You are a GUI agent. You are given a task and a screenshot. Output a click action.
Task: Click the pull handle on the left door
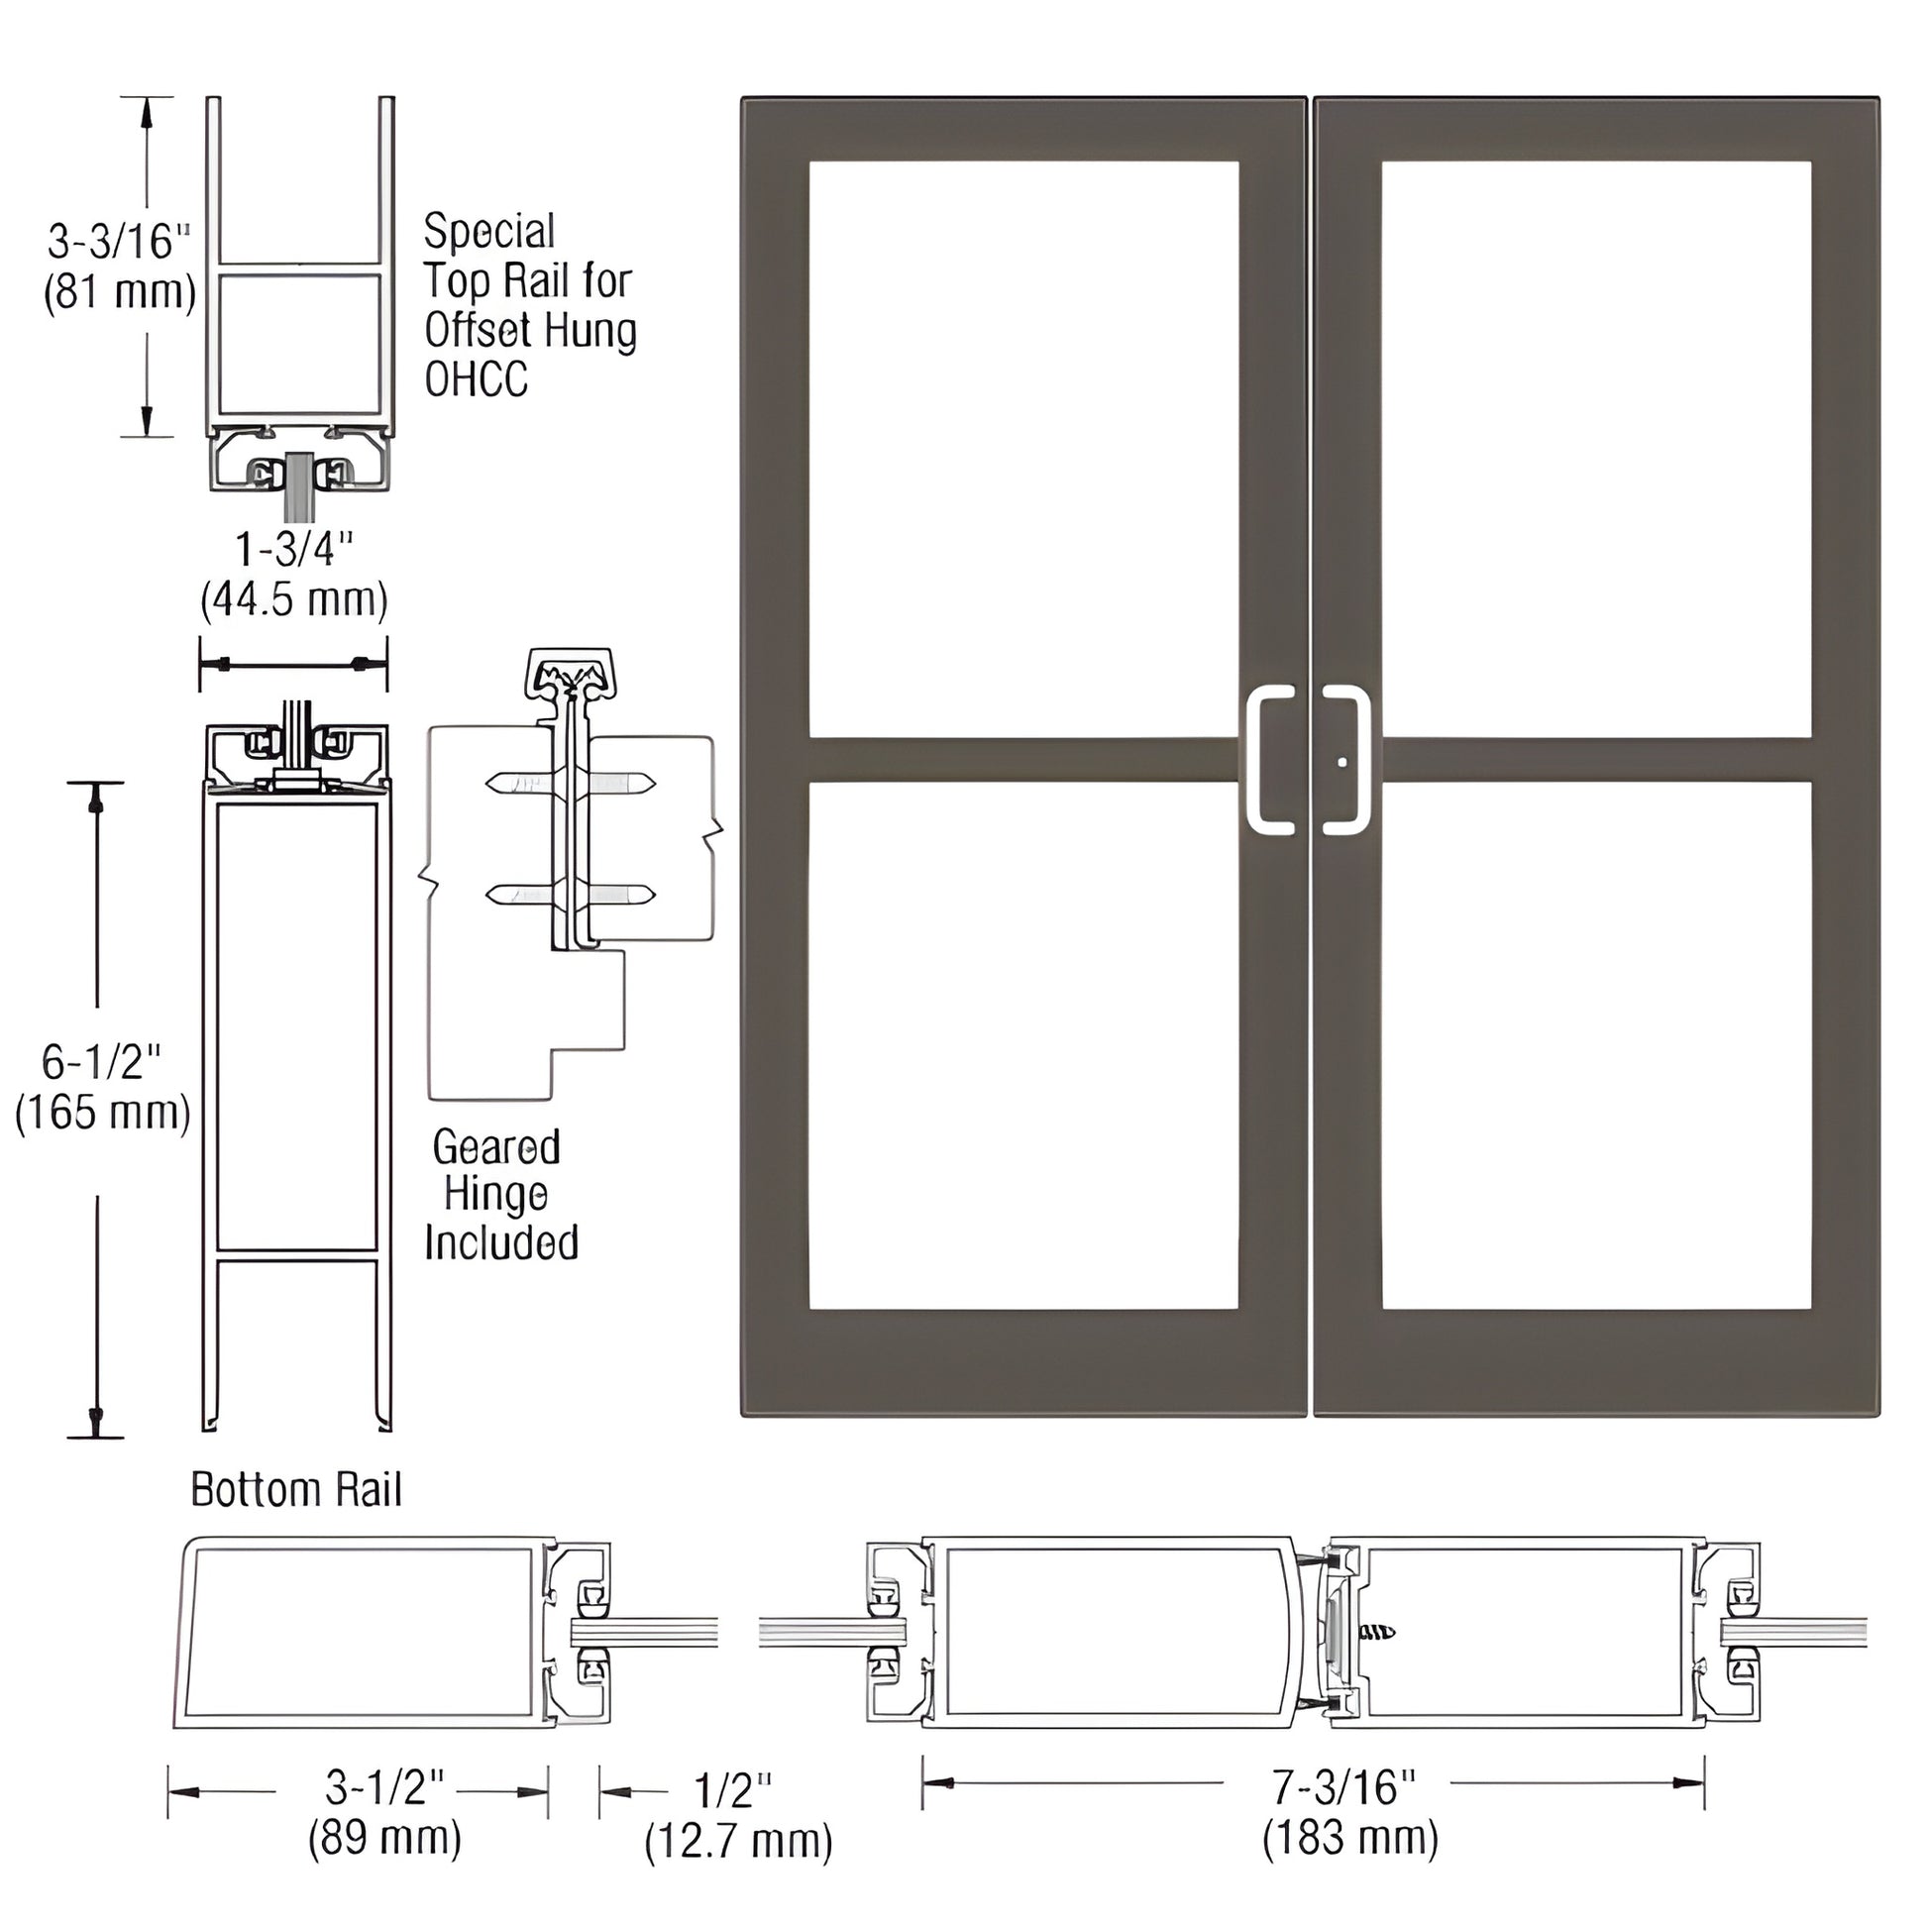pyautogui.click(x=1259, y=760)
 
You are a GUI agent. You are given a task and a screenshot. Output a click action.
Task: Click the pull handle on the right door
pyautogui.click(x=1357, y=760)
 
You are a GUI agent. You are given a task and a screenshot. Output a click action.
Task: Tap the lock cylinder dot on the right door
pyautogui.click(x=1342, y=763)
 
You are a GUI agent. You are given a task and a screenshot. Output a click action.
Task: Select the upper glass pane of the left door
pyautogui.click(x=1023, y=449)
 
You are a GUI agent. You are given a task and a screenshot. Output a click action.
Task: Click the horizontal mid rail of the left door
pyautogui.click(x=1023, y=760)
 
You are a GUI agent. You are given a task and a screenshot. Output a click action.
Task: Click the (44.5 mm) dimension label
pyautogui.click(x=294, y=600)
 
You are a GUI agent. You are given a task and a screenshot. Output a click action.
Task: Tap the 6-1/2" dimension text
pyautogui.click(x=102, y=1062)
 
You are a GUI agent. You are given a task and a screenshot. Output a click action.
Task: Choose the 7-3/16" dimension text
pyautogui.click(x=1342, y=1786)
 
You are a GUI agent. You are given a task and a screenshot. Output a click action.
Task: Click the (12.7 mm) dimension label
pyautogui.click(x=738, y=1841)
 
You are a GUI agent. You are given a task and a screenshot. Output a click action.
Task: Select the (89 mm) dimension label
pyautogui.click(x=384, y=1837)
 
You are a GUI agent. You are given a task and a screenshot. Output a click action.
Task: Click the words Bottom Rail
pyautogui.click(x=296, y=1490)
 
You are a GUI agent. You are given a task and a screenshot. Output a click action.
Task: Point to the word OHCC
pyautogui.click(x=476, y=379)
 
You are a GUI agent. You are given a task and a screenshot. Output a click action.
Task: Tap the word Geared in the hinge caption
pyautogui.click(x=496, y=1147)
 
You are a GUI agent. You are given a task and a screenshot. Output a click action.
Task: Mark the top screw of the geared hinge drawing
pyautogui.click(x=571, y=783)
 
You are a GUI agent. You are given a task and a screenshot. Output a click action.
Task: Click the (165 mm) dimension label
pyautogui.click(x=102, y=1112)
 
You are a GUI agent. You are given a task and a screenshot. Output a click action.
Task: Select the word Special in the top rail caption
pyautogui.click(x=489, y=232)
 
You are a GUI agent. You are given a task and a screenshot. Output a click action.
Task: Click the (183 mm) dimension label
pyautogui.click(x=1350, y=1837)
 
